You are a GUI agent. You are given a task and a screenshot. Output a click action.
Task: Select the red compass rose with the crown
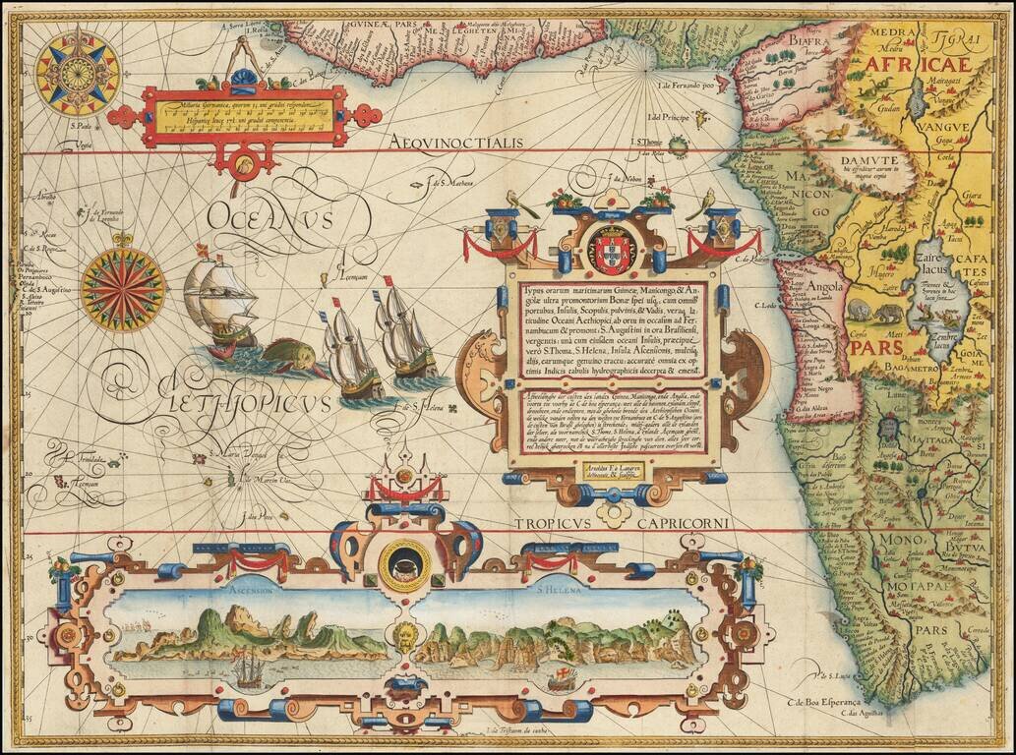[123, 289]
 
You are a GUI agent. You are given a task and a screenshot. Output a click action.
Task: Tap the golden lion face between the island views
[405, 632]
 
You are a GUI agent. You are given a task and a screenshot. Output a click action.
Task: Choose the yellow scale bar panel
[244, 115]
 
